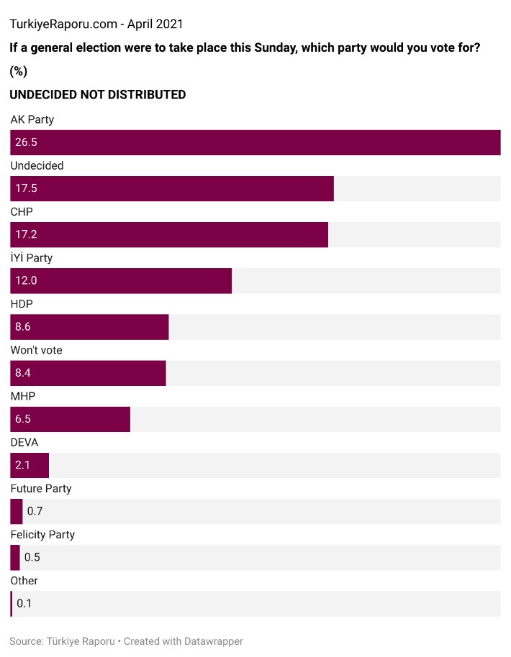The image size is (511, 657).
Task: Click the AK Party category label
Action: (x=32, y=119)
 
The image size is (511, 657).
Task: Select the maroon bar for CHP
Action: (x=169, y=235)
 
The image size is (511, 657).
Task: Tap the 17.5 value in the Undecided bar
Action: (x=26, y=189)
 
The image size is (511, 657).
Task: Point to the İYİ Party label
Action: (x=31, y=257)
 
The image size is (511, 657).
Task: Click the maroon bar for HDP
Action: (x=89, y=327)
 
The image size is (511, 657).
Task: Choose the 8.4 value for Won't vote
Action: (x=23, y=373)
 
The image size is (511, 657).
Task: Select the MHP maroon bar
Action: (x=71, y=419)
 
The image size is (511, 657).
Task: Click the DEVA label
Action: (x=24, y=442)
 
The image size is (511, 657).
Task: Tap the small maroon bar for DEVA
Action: (x=30, y=465)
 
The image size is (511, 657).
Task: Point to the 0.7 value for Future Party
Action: (x=35, y=511)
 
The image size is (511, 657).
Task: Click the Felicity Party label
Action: (x=42, y=534)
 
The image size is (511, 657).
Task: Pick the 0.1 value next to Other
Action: (x=24, y=603)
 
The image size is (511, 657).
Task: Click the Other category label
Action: (x=24, y=580)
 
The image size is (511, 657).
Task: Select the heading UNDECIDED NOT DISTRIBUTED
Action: (x=97, y=94)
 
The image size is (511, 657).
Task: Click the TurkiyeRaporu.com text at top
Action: (x=63, y=24)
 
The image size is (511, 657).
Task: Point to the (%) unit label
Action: (x=18, y=71)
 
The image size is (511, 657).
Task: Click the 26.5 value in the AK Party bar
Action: (x=26, y=143)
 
